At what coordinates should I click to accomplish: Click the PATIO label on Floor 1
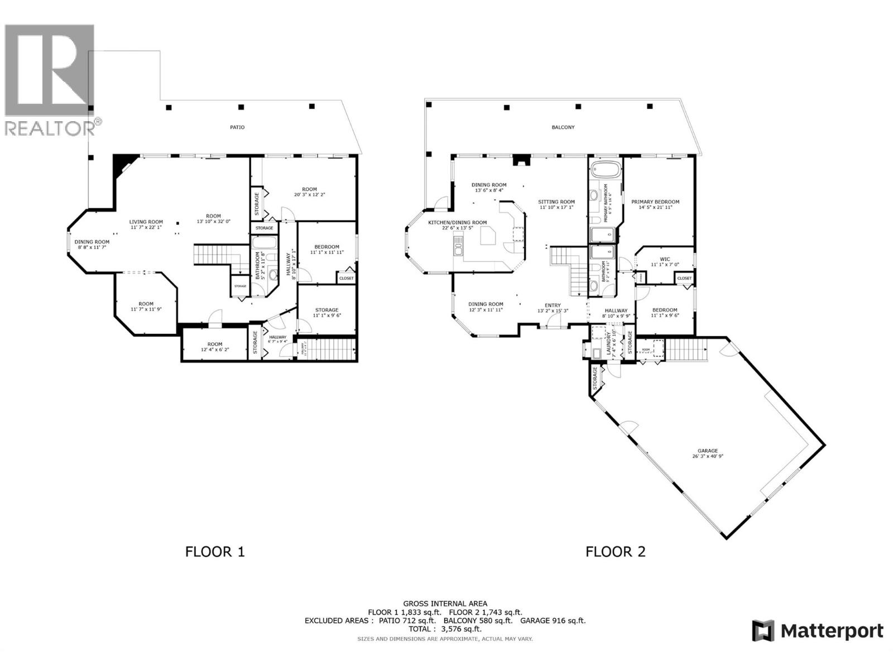tap(237, 127)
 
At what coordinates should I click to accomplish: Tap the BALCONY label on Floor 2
tap(563, 127)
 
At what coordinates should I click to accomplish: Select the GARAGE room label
tap(707, 451)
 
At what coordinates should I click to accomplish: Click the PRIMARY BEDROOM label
tap(655, 202)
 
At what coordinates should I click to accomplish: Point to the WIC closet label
tap(664, 259)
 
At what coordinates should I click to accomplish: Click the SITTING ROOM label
tap(556, 202)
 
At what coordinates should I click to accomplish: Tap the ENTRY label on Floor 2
tap(553, 305)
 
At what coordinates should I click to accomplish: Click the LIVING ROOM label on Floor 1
tap(146, 222)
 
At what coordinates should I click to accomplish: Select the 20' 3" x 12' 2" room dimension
tap(309, 195)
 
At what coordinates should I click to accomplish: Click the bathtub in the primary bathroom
tap(606, 169)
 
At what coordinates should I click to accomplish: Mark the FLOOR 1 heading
tap(215, 552)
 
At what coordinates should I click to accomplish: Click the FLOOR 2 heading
tap(615, 552)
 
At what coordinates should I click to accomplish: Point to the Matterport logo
tap(818, 631)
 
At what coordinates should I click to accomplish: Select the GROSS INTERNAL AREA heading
tap(445, 604)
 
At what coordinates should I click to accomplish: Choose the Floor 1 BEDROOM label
tap(327, 247)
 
